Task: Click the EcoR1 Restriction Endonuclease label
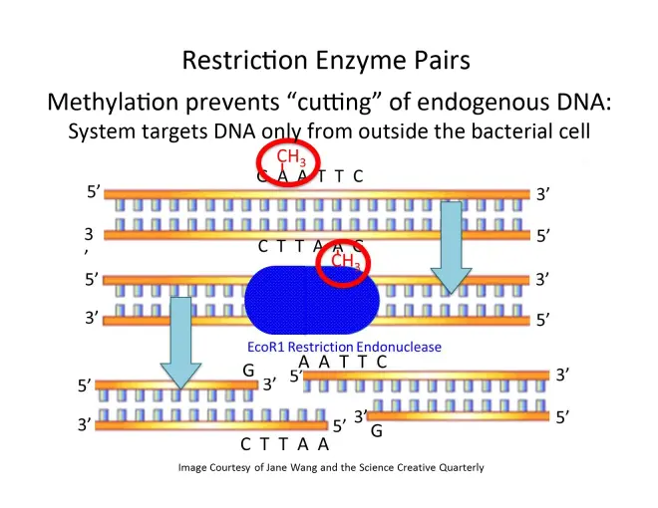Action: (345, 347)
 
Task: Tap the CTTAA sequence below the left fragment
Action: (285, 444)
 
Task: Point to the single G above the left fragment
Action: (248, 370)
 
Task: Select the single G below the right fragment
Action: (376, 431)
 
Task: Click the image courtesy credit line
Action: (330, 467)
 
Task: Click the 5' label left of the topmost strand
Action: (95, 190)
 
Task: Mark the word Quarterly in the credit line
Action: (458, 467)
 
